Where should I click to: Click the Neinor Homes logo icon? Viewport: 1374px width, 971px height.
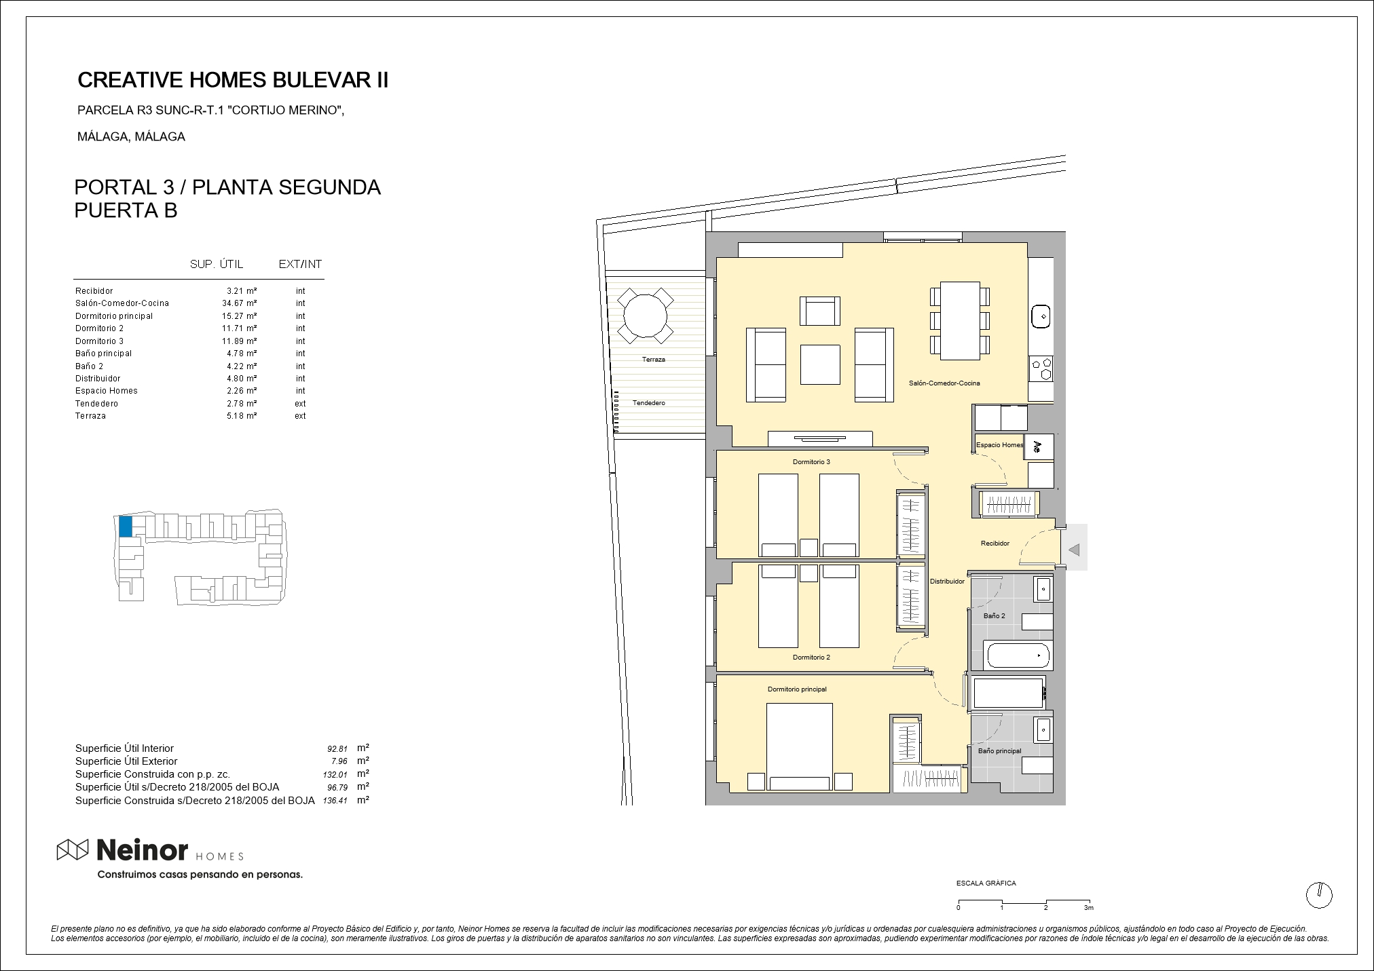pos(73,849)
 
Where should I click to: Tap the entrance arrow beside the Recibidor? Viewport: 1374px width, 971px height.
pos(1073,550)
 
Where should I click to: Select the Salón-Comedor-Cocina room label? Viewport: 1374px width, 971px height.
pos(944,383)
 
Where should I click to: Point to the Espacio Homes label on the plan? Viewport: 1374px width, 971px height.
pos(999,445)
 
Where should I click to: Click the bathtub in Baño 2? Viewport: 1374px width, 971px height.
pos(1018,656)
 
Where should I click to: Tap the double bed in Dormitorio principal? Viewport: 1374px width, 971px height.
pos(799,747)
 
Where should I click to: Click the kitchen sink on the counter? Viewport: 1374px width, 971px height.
pos(1041,316)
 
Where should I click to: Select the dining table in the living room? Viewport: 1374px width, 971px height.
pos(960,320)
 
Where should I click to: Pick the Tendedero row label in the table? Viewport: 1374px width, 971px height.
pos(96,404)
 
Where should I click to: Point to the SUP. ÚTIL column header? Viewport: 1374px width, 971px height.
pos(217,264)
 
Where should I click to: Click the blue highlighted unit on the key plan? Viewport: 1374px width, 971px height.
pos(126,527)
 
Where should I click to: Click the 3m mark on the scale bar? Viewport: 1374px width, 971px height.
pos(1089,907)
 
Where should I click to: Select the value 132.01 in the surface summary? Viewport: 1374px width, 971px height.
pos(335,774)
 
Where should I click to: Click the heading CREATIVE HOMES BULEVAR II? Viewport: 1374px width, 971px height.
pos(234,80)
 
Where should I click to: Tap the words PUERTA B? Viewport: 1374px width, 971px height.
pos(126,210)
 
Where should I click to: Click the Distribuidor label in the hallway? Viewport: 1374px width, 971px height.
pos(947,582)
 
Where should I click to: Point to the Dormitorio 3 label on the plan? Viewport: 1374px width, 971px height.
pos(811,462)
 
